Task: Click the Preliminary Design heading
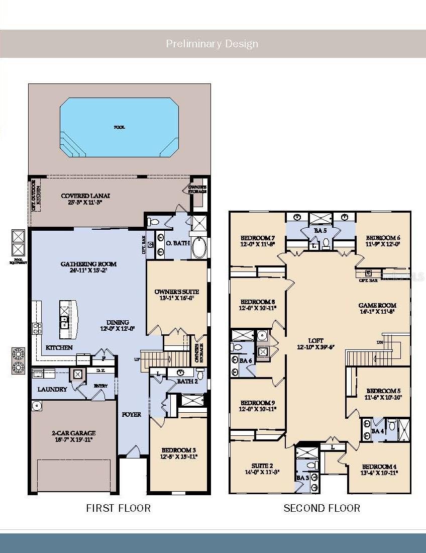tap(212, 44)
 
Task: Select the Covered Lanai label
tap(85, 196)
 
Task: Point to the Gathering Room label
tap(88, 264)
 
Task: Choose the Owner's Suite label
tap(177, 292)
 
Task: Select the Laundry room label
tap(52, 389)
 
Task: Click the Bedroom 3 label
tap(179, 450)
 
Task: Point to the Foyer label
tap(131, 415)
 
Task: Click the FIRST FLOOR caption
tap(118, 508)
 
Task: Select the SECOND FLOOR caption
tap(322, 508)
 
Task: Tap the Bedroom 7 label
tap(258, 238)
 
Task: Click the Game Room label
tap(377, 305)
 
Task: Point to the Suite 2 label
tap(262, 466)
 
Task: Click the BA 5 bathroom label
tap(320, 231)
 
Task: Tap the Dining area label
tap(118, 322)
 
